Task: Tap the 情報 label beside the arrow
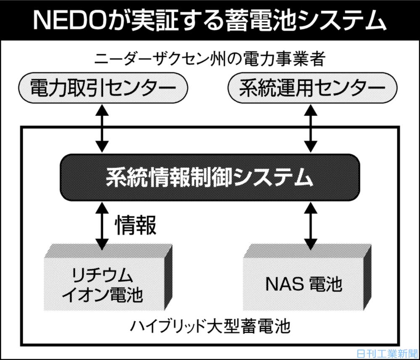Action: point(136,226)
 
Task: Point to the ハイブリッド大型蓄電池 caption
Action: point(210,326)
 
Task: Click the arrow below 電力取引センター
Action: point(101,128)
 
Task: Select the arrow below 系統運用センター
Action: point(310,128)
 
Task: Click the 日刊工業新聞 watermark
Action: point(386,353)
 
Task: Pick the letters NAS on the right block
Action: point(279,285)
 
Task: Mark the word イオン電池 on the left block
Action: point(103,295)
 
